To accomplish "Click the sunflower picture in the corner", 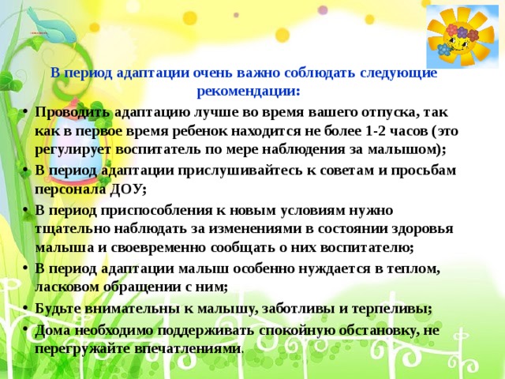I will pyautogui.click(x=461, y=36).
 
